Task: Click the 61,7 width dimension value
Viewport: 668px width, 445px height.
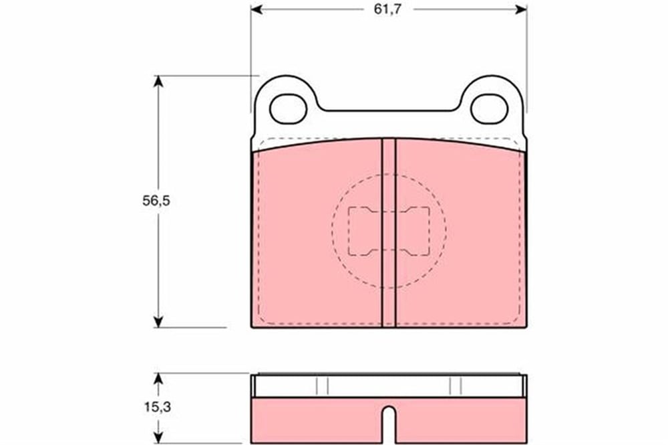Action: pos(387,9)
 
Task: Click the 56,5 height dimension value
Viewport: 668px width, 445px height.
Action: pos(156,201)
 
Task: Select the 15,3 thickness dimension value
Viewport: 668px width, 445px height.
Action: pos(157,407)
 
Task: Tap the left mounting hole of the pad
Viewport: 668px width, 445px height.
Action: pos(289,109)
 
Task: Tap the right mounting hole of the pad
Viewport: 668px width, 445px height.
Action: pos(490,109)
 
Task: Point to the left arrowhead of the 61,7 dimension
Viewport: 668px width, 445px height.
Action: pos(257,9)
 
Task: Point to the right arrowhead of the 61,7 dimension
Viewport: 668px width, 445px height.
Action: pos(522,9)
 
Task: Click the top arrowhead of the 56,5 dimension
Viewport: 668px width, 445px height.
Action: pos(158,81)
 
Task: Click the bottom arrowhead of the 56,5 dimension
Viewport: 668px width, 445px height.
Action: pos(158,322)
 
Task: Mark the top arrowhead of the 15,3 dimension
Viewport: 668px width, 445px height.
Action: pos(158,379)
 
